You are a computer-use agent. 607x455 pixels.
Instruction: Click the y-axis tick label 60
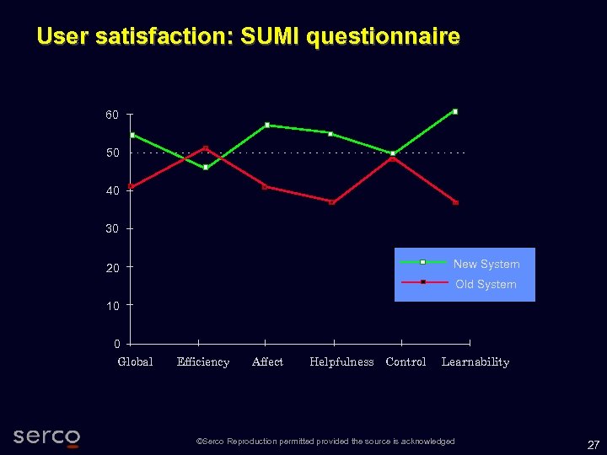point(112,115)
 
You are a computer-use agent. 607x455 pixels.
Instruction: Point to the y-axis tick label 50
point(112,153)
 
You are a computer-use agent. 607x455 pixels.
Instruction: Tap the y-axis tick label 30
point(112,229)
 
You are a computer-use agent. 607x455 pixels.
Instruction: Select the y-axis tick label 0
point(116,344)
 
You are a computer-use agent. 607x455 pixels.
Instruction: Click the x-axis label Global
point(135,362)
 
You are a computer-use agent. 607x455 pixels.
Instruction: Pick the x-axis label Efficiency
point(203,362)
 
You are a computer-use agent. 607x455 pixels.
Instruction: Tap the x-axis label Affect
point(267,362)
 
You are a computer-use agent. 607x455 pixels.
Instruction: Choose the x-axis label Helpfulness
point(341,362)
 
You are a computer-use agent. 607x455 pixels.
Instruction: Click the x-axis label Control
point(406,362)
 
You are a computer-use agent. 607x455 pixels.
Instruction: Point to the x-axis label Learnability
point(475,362)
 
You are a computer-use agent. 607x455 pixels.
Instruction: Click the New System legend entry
point(486,264)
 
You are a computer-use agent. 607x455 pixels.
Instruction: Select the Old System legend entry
point(486,284)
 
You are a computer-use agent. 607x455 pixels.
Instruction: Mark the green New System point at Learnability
point(455,111)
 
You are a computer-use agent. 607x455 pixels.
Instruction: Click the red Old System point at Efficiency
point(205,148)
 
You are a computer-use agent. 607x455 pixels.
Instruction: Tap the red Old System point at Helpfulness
point(332,202)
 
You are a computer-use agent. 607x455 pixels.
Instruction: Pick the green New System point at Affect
point(267,125)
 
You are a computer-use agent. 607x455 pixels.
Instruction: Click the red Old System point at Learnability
point(455,202)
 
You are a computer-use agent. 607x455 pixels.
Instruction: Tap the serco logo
point(46,436)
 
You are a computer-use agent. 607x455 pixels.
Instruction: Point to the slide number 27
point(593,444)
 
